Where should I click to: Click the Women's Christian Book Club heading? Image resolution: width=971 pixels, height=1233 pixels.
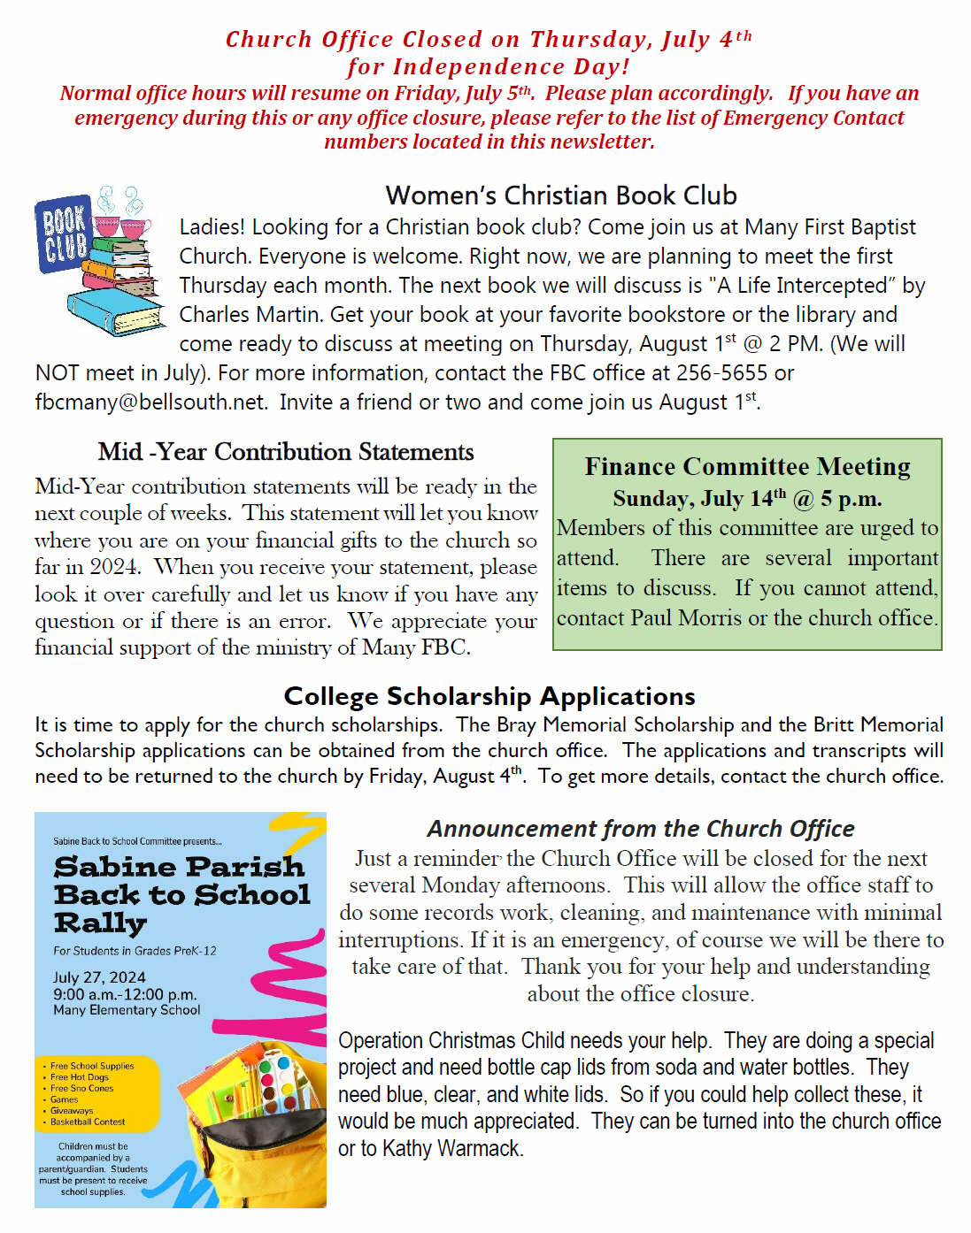click(561, 195)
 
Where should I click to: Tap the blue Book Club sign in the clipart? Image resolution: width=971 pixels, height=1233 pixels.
click(64, 234)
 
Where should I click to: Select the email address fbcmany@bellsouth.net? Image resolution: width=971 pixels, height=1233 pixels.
click(150, 402)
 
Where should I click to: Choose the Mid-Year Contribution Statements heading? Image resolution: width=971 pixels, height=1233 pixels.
click(286, 452)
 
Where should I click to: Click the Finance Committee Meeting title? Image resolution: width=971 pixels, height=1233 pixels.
click(747, 467)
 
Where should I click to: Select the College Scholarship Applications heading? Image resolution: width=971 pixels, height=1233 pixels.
click(489, 697)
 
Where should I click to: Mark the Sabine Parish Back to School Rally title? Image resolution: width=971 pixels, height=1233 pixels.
click(181, 893)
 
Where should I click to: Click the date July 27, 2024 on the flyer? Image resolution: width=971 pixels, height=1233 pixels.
click(99, 977)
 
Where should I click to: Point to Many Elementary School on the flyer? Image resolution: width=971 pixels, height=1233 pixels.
click(127, 1010)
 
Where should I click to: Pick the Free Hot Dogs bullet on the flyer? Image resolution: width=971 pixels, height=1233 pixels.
click(80, 1077)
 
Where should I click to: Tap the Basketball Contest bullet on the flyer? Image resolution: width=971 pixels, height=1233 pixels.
click(88, 1122)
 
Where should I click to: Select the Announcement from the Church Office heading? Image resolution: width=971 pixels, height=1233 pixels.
click(641, 829)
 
